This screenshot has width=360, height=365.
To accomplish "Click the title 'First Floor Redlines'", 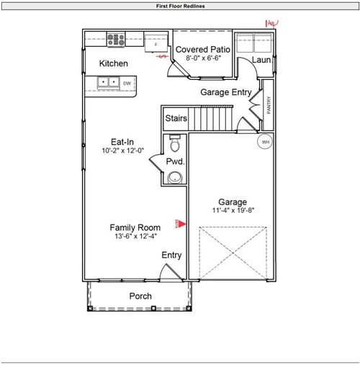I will [180, 6].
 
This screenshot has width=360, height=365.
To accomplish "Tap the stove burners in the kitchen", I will [115, 40].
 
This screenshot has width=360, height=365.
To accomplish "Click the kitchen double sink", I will [109, 84].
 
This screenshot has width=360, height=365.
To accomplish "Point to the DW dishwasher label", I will [127, 84].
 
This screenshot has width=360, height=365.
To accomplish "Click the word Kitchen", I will [114, 63].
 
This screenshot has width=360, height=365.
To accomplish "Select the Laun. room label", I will [261, 60].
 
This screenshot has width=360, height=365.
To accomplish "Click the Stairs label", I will [176, 118].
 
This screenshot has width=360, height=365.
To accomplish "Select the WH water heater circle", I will [265, 142].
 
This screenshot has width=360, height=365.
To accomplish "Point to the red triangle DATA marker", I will [182, 224].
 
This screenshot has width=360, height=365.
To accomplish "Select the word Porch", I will [140, 296].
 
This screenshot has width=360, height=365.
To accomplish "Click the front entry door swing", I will [166, 272].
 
